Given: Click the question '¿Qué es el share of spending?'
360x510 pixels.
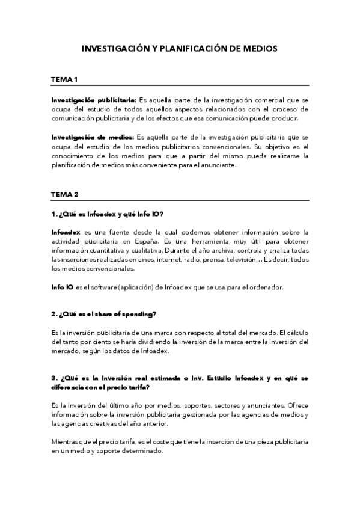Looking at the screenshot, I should click(104, 313).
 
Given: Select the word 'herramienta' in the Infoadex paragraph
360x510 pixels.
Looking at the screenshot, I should click(223, 241).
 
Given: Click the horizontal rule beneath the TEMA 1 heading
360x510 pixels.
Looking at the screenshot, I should click(180, 86).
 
